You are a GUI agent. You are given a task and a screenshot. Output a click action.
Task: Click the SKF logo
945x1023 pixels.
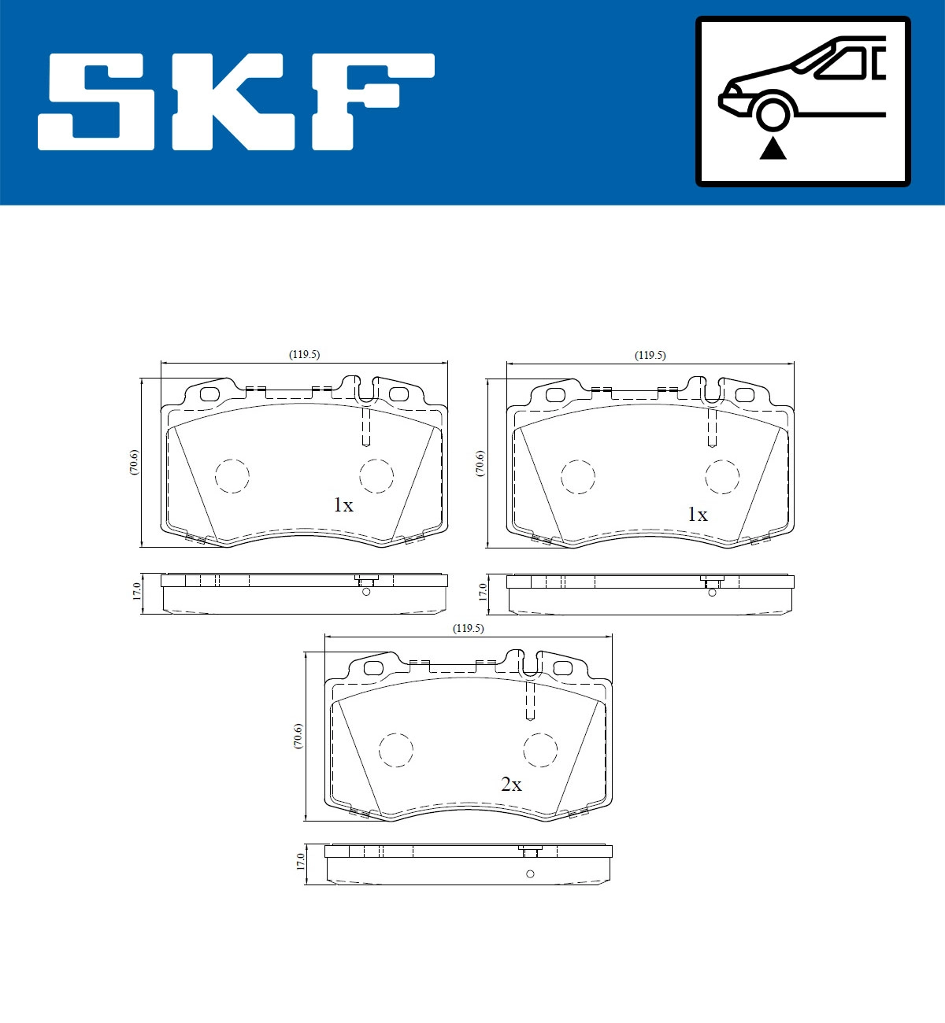(236, 102)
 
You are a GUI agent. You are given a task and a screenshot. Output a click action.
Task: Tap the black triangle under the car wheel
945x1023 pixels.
(773, 148)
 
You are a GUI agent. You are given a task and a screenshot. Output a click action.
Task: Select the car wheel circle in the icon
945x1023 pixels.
(772, 113)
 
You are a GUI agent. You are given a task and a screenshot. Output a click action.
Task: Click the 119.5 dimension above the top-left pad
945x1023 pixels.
(304, 355)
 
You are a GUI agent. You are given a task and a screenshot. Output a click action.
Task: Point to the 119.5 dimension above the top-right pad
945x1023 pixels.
(650, 356)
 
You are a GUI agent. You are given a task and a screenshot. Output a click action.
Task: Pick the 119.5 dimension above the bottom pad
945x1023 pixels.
(468, 629)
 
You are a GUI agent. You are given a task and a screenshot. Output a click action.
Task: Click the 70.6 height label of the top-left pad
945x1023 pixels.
(135, 462)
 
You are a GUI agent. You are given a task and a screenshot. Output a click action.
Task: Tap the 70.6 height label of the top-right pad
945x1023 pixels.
(480, 463)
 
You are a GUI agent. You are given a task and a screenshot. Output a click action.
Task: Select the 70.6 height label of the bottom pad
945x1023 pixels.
(298, 736)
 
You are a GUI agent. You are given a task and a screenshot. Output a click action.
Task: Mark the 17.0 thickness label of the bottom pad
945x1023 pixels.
(300, 862)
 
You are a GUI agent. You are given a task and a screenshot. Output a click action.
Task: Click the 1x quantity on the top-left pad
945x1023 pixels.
(343, 505)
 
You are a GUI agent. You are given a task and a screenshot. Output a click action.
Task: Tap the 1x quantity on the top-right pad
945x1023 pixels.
(698, 515)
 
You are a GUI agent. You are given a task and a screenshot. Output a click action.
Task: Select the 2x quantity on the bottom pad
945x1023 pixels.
(511, 785)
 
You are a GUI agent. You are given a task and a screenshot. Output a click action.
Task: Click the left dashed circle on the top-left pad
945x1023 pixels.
(232, 475)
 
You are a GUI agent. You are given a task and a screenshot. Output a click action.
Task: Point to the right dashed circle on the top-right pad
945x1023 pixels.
(722, 476)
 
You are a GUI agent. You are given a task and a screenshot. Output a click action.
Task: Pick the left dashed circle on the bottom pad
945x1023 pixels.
(396, 749)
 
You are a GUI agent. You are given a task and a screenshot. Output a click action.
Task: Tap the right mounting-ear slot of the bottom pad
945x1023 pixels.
(562, 668)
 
